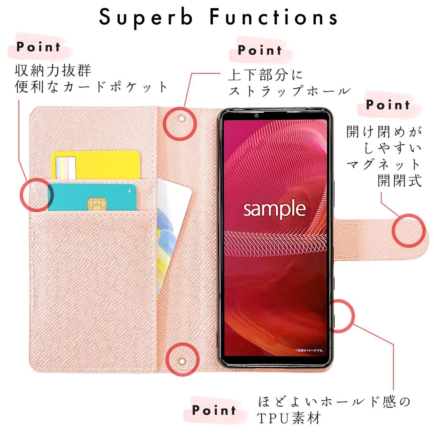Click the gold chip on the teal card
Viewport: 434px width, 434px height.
coord(95,204)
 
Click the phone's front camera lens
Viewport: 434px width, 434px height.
coord(257,116)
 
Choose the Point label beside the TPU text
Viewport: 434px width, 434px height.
coord(214,410)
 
